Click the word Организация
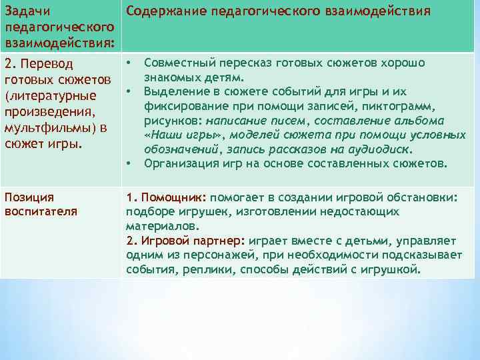click(x=177, y=163)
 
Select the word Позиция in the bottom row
click(x=29, y=198)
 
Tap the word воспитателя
click(x=41, y=211)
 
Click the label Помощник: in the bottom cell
click(x=175, y=198)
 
